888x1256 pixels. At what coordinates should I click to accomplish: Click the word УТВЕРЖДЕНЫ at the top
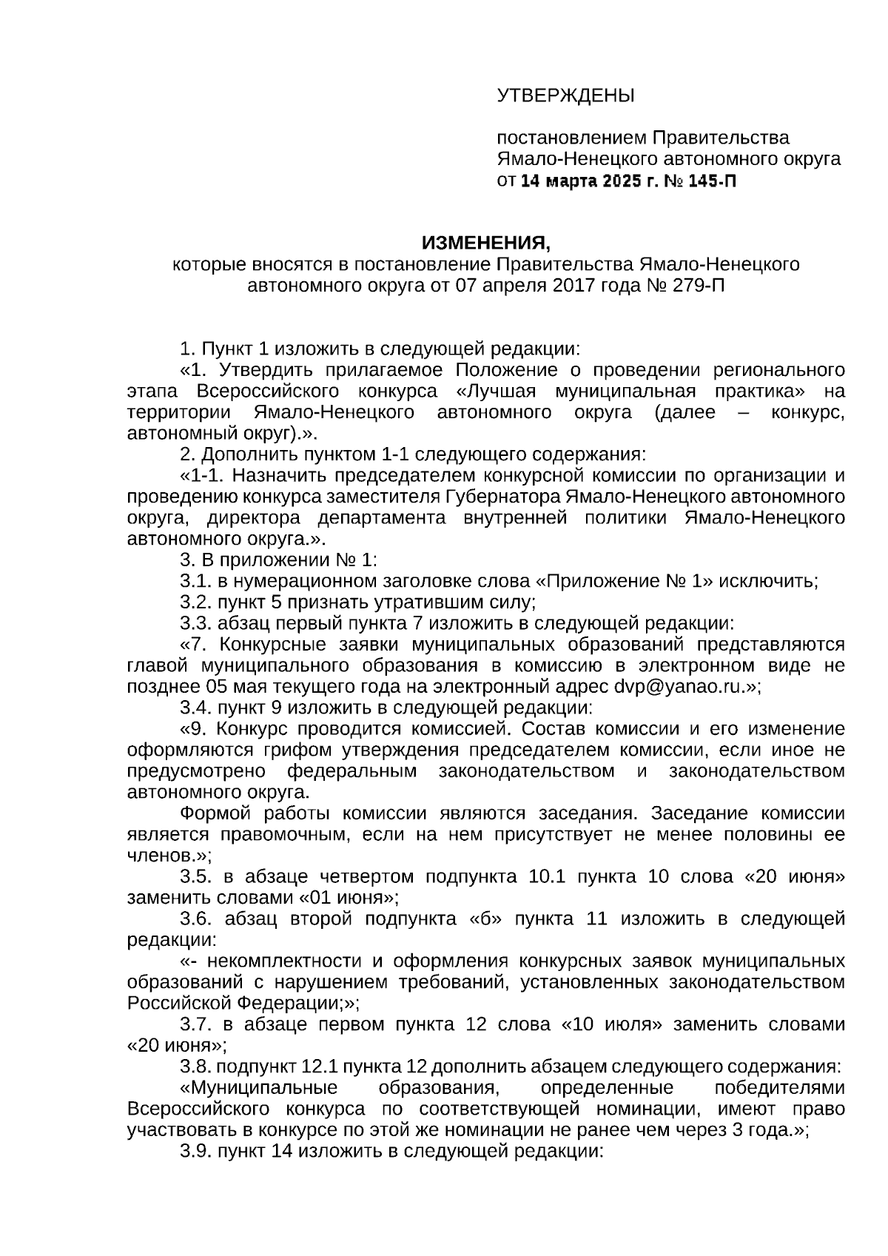point(565,95)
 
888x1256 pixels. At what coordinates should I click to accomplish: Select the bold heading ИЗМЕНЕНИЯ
point(485,243)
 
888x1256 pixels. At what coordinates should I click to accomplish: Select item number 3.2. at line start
point(196,602)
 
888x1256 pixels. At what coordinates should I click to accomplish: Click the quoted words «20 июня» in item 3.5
point(794,876)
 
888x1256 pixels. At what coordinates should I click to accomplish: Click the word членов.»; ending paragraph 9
point(169,856)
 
